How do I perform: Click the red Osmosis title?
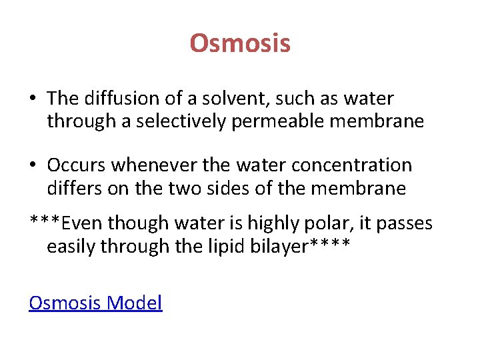[x=240, y=44]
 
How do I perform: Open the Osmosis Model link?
[x=95, y=303]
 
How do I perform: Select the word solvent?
[x=223, y=99]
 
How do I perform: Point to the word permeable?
[x=265, y=121]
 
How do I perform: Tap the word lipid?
[x=210, y=247]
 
